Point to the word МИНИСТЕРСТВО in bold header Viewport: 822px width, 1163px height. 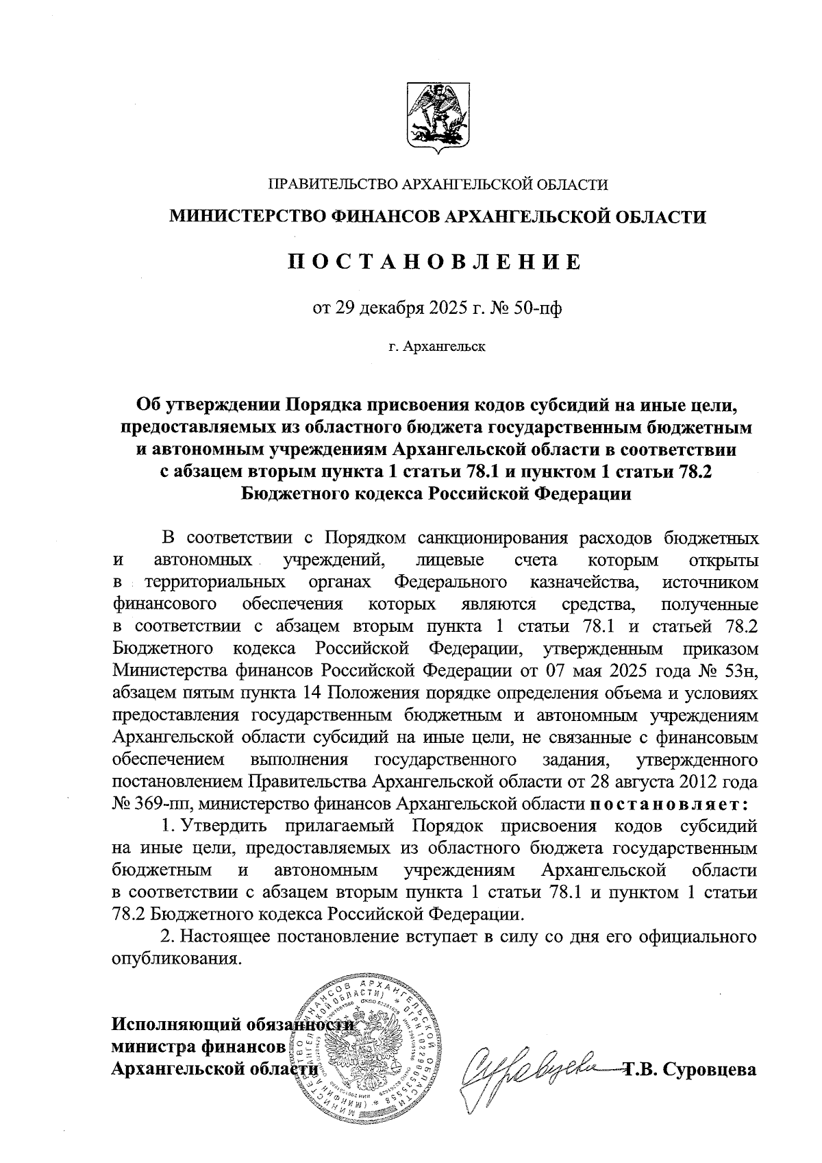tap(247, 217)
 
